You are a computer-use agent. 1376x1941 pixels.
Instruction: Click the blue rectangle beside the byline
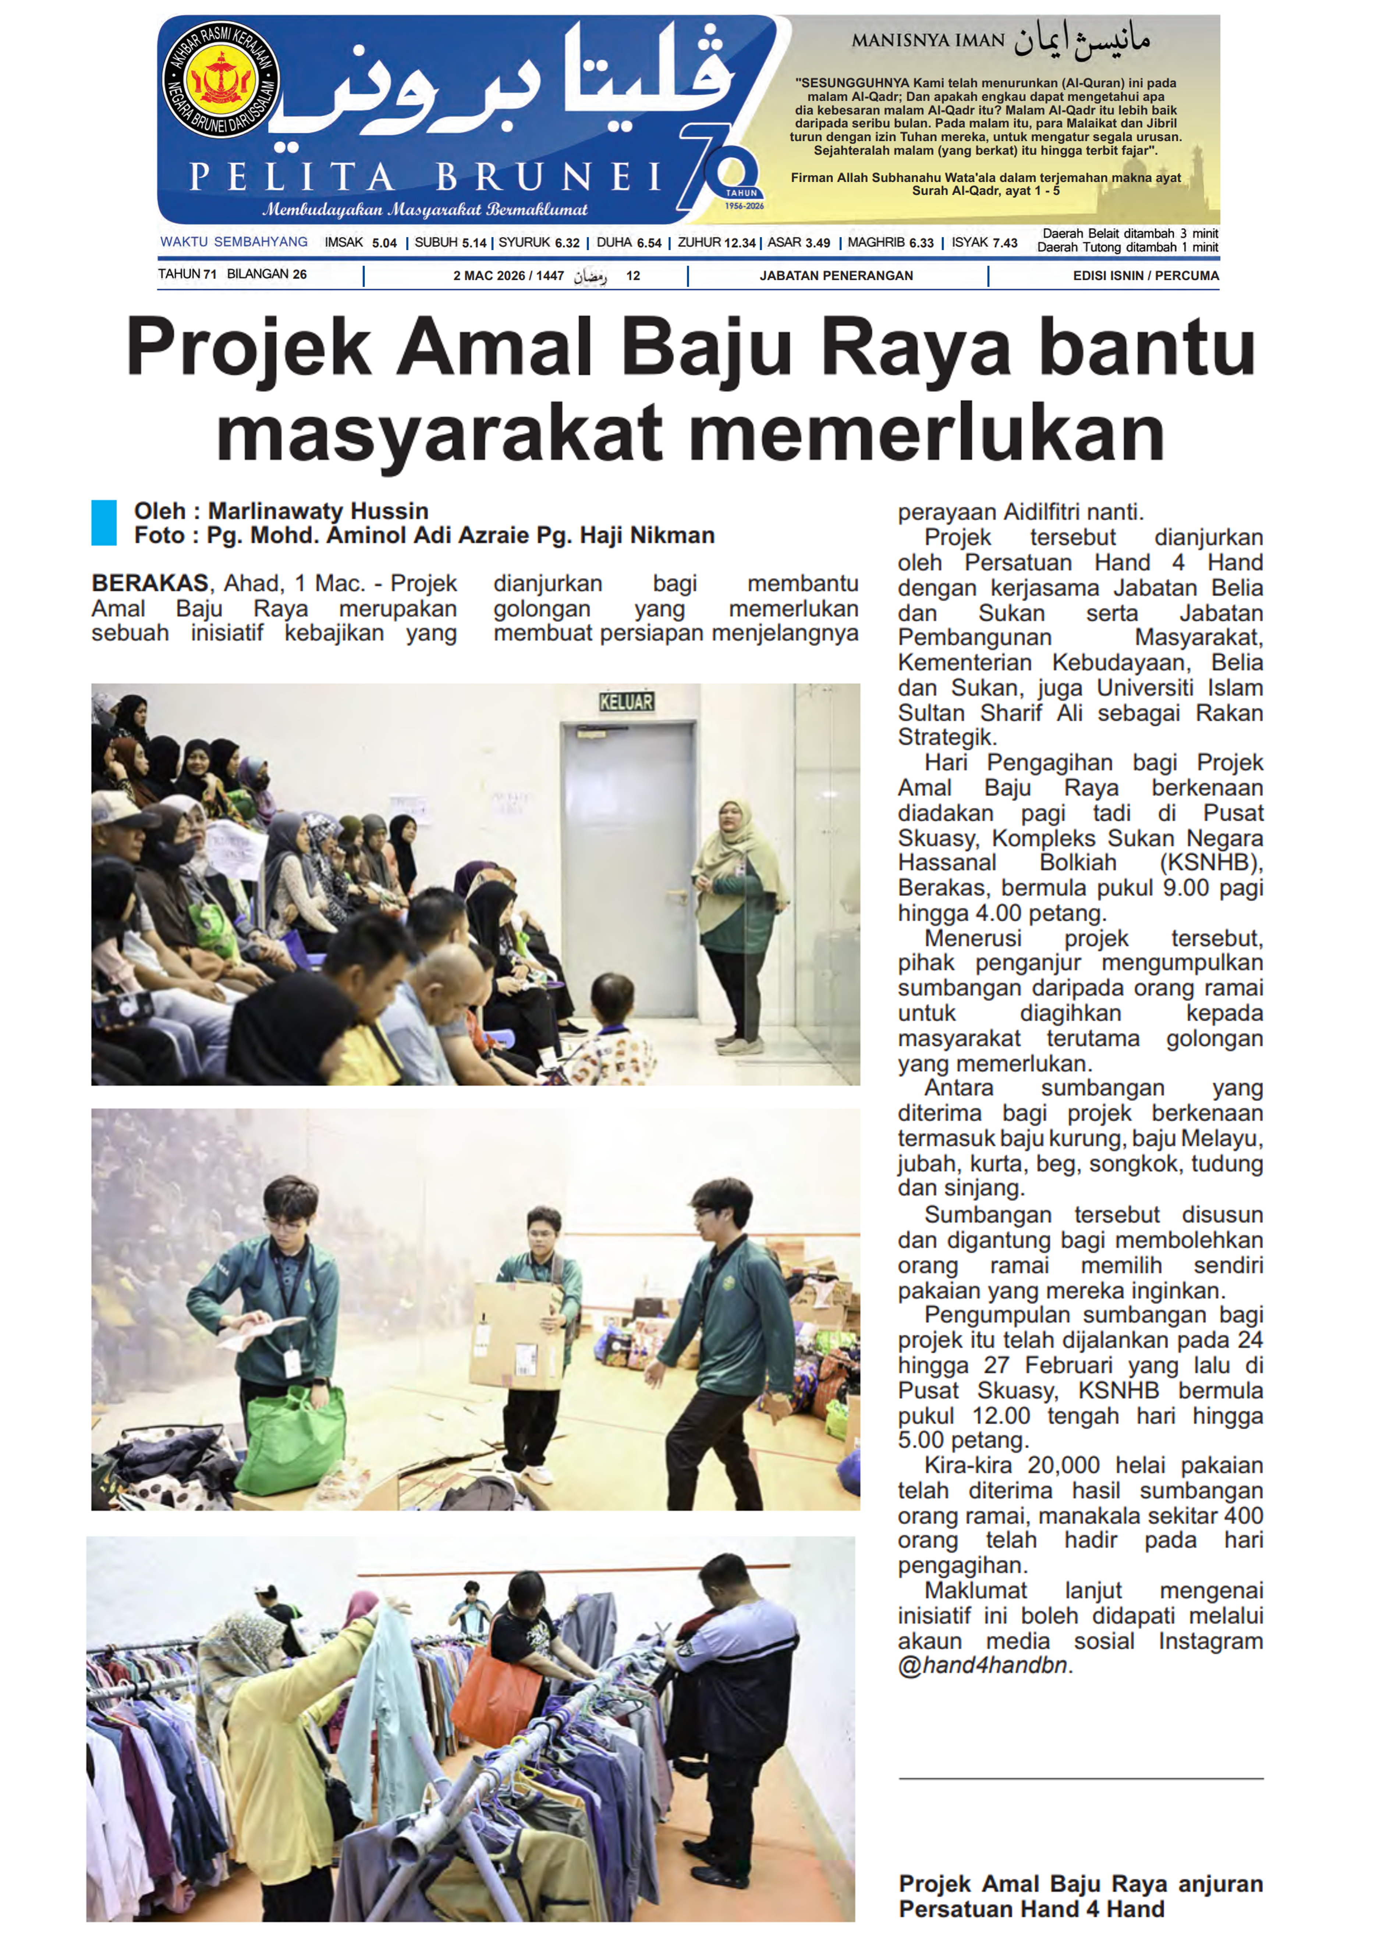tap(103, 523)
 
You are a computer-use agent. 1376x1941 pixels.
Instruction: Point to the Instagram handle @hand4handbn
tap(982, 1665)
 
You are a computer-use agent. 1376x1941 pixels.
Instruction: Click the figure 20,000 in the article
tap(1063, 1465)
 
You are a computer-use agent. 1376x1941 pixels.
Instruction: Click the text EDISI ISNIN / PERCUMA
tap(1146, 275)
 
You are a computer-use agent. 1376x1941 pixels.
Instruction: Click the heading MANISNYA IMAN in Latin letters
tap(928, 41)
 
